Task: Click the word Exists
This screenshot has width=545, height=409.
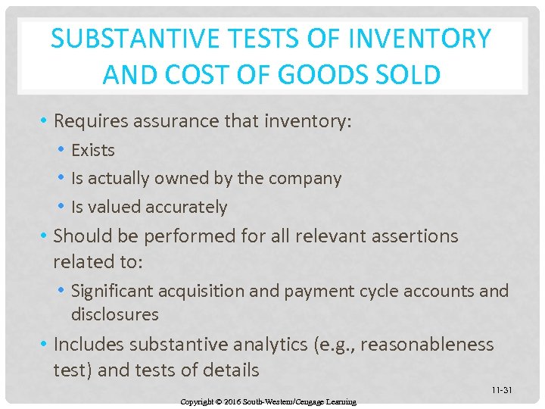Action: pyautogui.click(x=93, y=150)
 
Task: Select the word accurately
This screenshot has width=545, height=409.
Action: pyautogui.click(x=186, y=207)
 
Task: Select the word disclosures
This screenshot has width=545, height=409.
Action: pyautogui.click(x=115, y=314)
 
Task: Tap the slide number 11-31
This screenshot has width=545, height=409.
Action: pyautogui.click(x=501, y=390)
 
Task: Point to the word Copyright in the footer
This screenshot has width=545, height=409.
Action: pyautogui.click(x=198, y=401)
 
